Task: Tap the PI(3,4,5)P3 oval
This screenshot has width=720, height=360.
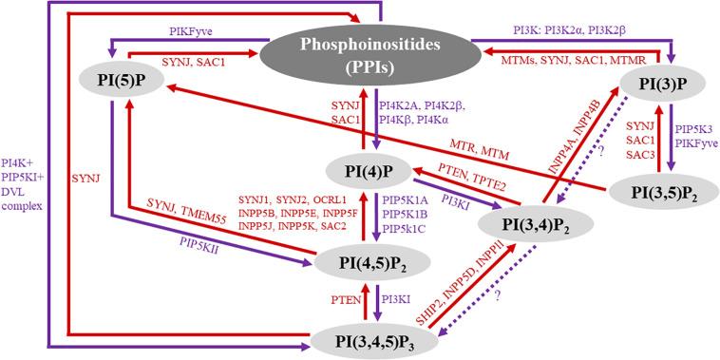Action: (x=378, y=335)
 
